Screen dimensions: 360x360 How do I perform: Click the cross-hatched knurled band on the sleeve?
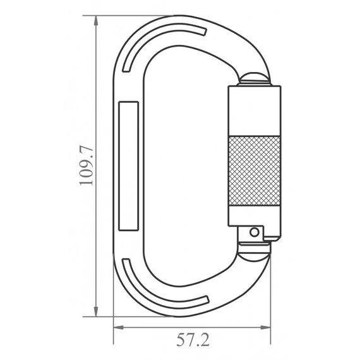pos(254,169)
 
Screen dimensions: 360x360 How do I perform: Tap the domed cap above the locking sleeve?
pos(255,80)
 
